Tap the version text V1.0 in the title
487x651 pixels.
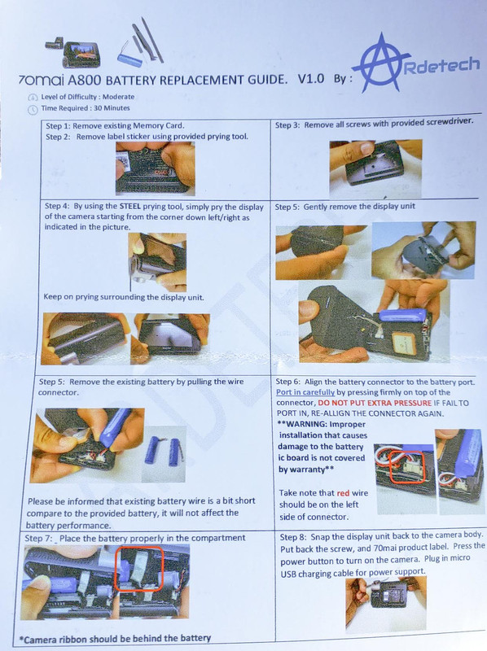tap(311, 78)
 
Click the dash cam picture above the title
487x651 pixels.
tap(73, 53)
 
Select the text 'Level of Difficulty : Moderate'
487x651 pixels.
tap(88, 97)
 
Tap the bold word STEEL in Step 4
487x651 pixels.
tap(130, 206)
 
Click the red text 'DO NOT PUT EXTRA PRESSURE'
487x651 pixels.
tap(375, 403)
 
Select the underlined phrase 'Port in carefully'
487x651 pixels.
tap(305, 392)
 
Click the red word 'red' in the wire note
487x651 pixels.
tap(343, 493)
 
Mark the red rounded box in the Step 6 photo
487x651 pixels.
tap(407, 468)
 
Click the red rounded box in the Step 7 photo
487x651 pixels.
tap(139, 568)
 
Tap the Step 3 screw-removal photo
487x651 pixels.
tap(375, 169)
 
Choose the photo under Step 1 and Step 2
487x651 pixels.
tap(155, 168)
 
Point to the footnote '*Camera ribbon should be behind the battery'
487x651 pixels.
tap(115, 638)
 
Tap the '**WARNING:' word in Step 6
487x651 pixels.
tap(301, 424)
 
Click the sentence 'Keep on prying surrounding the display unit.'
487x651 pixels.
tap(124, 297)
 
